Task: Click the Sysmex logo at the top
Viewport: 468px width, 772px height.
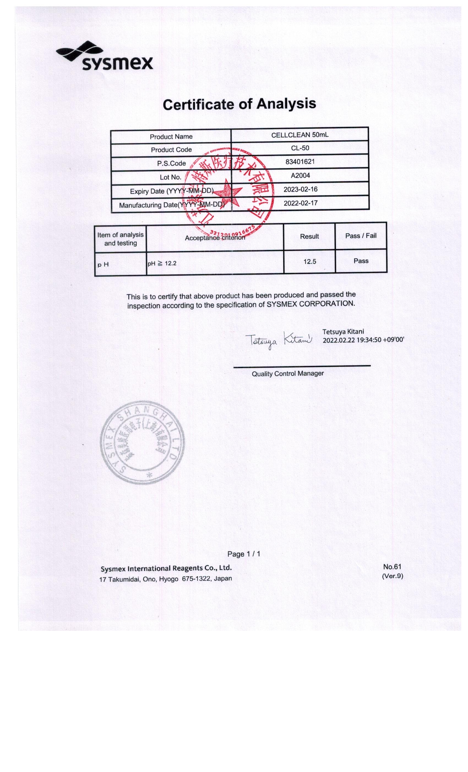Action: (105, 57)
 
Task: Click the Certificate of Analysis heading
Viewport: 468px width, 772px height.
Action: (239, 104)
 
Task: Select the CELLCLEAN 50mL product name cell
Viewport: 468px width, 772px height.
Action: (300, 135)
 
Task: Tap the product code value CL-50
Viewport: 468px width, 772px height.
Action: (300, 148)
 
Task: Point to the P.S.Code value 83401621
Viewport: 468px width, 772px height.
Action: (300, 162)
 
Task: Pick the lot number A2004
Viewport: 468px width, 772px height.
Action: (300, 175)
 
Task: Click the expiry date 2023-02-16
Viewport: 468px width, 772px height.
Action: (300, 189)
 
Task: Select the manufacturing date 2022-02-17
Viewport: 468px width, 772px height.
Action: (300, 203)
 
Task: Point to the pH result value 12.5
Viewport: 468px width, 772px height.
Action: (309, 261)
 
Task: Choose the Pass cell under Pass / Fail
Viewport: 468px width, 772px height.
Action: (361, 261)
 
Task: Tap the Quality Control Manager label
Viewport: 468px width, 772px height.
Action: (287, 374)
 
